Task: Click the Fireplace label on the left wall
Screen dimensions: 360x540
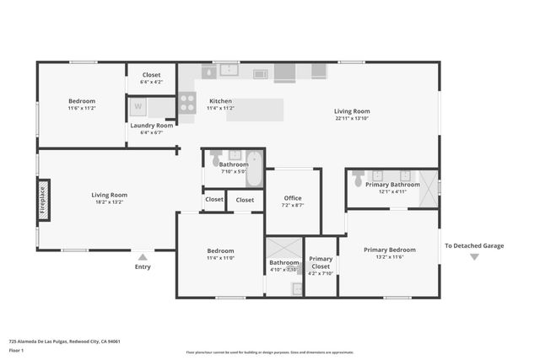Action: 43,200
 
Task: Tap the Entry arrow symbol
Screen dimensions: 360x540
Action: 143,257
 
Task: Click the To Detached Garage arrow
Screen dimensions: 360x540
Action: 474,257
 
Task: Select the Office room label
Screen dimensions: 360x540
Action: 292,198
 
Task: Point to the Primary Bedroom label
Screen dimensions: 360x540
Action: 389,250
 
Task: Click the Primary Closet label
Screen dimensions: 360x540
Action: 321,263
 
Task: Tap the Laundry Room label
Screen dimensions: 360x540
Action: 152,126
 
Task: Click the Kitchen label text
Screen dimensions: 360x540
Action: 220,101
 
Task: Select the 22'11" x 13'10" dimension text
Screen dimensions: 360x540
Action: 352,118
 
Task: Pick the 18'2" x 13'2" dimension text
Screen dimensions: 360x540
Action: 110,202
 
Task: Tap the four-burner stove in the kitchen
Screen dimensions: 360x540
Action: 187,103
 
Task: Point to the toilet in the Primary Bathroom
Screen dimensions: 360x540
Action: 359,179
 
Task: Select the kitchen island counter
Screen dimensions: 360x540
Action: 255,109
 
